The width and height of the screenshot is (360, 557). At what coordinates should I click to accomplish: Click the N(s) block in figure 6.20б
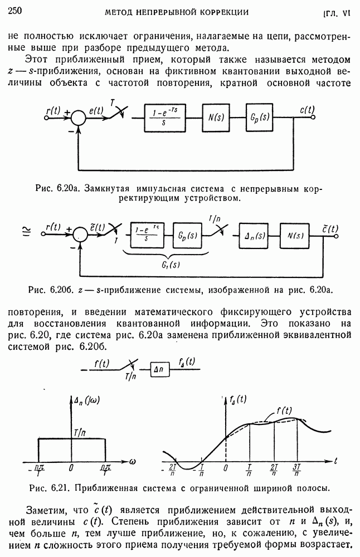296,235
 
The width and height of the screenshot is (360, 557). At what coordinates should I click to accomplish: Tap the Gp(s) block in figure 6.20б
188,235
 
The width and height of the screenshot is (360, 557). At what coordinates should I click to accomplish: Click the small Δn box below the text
159,370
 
